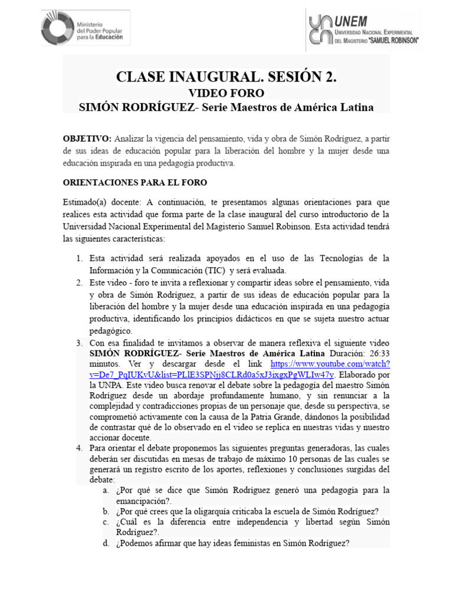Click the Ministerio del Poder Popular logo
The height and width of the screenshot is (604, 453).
tap(85, 28)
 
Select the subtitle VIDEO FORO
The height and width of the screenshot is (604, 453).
tap(226, 93)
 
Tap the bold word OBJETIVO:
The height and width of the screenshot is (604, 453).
tap(87, 138)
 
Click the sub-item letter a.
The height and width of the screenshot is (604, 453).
tap(105, 491)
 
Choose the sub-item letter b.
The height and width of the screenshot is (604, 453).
tap(105, 511)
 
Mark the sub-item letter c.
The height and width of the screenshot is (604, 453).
tap(105, 523)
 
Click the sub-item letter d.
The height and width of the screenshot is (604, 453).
tap(105, 543)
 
